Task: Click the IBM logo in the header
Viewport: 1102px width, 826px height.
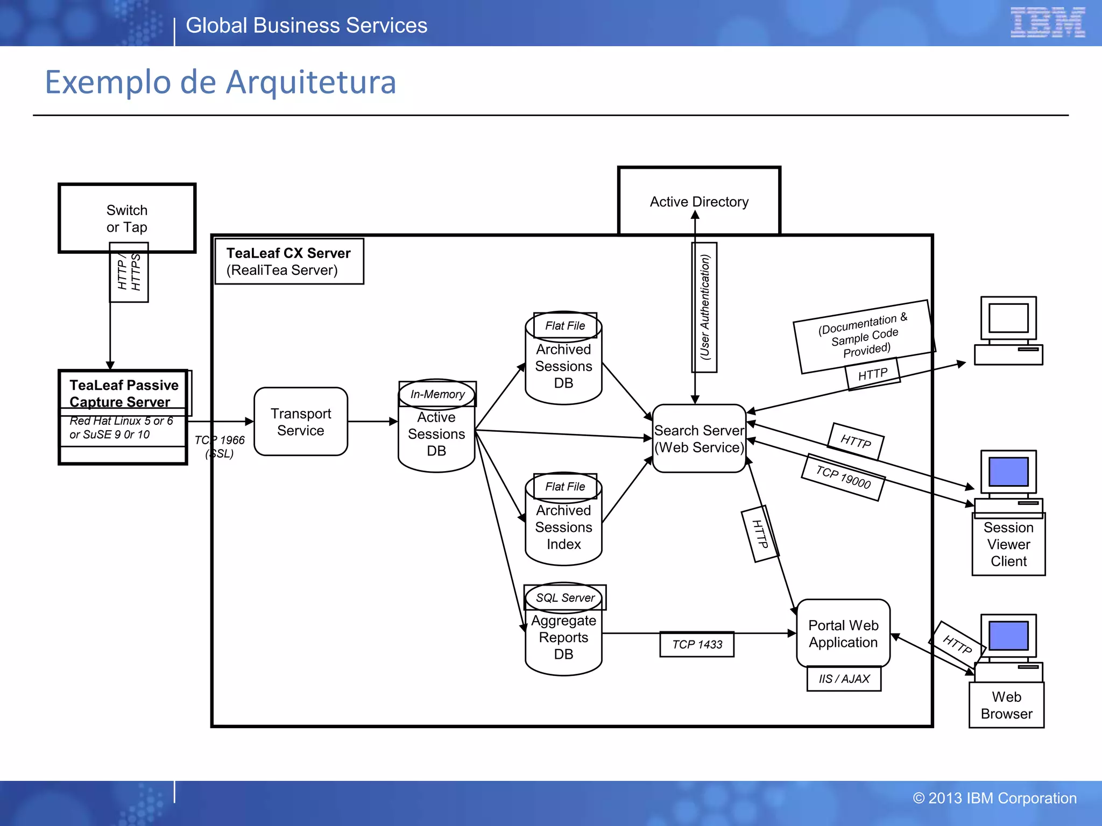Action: coord(1047,23)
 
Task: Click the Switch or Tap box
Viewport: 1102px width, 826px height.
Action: coord(127,218)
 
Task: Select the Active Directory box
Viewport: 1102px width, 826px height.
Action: coord(699,201)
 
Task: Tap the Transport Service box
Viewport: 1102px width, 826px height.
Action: coord(301,422)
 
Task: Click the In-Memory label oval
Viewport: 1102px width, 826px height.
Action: coord(437,394)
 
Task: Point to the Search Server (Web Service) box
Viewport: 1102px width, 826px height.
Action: coord(699,439)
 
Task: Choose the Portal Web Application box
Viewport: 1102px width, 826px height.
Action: coord(843,633)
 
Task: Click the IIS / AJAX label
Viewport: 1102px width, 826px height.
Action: coord(844,679)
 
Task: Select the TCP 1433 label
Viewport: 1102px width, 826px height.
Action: coord(697,644)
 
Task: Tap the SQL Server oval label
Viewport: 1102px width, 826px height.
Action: coord(565,597)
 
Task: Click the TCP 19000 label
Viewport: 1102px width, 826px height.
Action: coord(843,477)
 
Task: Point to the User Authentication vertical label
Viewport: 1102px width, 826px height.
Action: coord(704,307)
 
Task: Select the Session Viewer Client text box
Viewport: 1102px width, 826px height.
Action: coord(1008,544)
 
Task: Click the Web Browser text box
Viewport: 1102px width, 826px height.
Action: coord(1006,705)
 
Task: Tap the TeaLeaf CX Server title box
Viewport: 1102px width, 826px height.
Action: coord(289,261)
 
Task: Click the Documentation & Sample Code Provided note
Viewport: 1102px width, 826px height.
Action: coord(864,336)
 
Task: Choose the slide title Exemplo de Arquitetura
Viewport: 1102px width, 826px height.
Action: coord(221,82)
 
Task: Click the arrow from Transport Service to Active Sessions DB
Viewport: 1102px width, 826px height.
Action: coord(372,422)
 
